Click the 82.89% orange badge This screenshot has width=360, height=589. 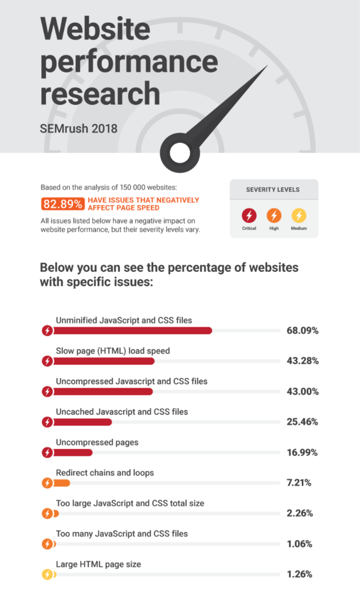click(62, 204)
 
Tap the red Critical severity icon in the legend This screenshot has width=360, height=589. click(249, 215)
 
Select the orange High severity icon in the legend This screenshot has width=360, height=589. click(274, 215)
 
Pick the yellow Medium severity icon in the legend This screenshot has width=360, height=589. click(299, 215)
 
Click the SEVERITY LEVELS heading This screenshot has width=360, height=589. click(273, 189)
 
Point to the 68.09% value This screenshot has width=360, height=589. click(302, 331)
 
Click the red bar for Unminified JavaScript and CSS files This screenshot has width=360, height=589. click(132, 331)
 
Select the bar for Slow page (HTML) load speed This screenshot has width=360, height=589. click(104, 361)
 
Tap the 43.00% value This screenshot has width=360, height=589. click(302, 392)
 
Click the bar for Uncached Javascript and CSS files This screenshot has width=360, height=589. click(82, 422)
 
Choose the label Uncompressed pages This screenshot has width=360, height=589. click(97, 442)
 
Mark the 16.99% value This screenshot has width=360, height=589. click(302, 453)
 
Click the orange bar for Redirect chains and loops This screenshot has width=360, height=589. click(62, 483)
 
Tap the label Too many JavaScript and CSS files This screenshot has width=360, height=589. click(122, 533)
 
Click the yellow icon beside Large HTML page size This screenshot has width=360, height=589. click(48, 574)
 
